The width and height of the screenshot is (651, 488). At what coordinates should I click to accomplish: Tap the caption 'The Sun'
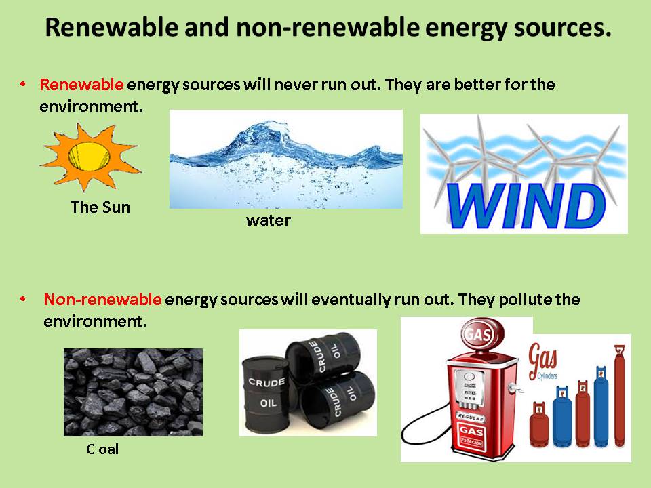pyautogui.click(x=100, y=207)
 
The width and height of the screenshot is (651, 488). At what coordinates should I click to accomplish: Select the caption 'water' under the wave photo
pyautogui.click(x=268, y=220)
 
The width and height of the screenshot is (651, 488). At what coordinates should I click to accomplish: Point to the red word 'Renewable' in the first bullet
pyautogui.click(x=81, y=85)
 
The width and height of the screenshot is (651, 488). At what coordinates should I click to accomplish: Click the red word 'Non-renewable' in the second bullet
pyautogui.click(x=102, y=300)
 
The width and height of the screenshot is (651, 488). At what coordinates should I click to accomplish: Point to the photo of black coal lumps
pyautogui.click(x=133, y=392)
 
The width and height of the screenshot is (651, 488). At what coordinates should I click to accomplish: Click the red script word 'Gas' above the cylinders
pyautogui.click(x=543, y=355)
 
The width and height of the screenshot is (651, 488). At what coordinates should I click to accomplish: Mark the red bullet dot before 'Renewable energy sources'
pyautogui.click(x=23, y=84)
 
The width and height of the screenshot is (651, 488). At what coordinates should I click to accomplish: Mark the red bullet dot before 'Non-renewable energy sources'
pyautogui.click(x=23, y=299)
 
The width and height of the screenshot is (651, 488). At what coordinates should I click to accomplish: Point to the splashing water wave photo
pyautogui.click(x=285, y=159)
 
